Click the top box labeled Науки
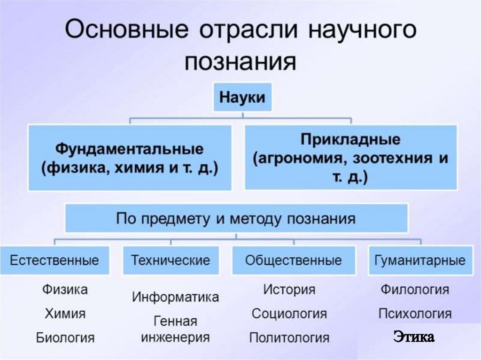(243, 98)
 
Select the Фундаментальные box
(130, 158)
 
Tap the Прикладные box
(350, 158)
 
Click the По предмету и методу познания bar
(236, 219)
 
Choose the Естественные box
(54, 260)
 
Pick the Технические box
(170, 260)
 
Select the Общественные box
(293, 260)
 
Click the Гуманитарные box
(420, 260)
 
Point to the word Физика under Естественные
(65, 290)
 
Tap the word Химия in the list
(65, 313)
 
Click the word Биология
(65, 337)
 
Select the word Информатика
(175, 297)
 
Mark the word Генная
(175, 322)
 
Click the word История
(289, 289)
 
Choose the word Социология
(289, 313)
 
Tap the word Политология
(289, 337)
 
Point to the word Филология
(414, 289)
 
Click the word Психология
(414, 313)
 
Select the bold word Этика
(414, 337)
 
